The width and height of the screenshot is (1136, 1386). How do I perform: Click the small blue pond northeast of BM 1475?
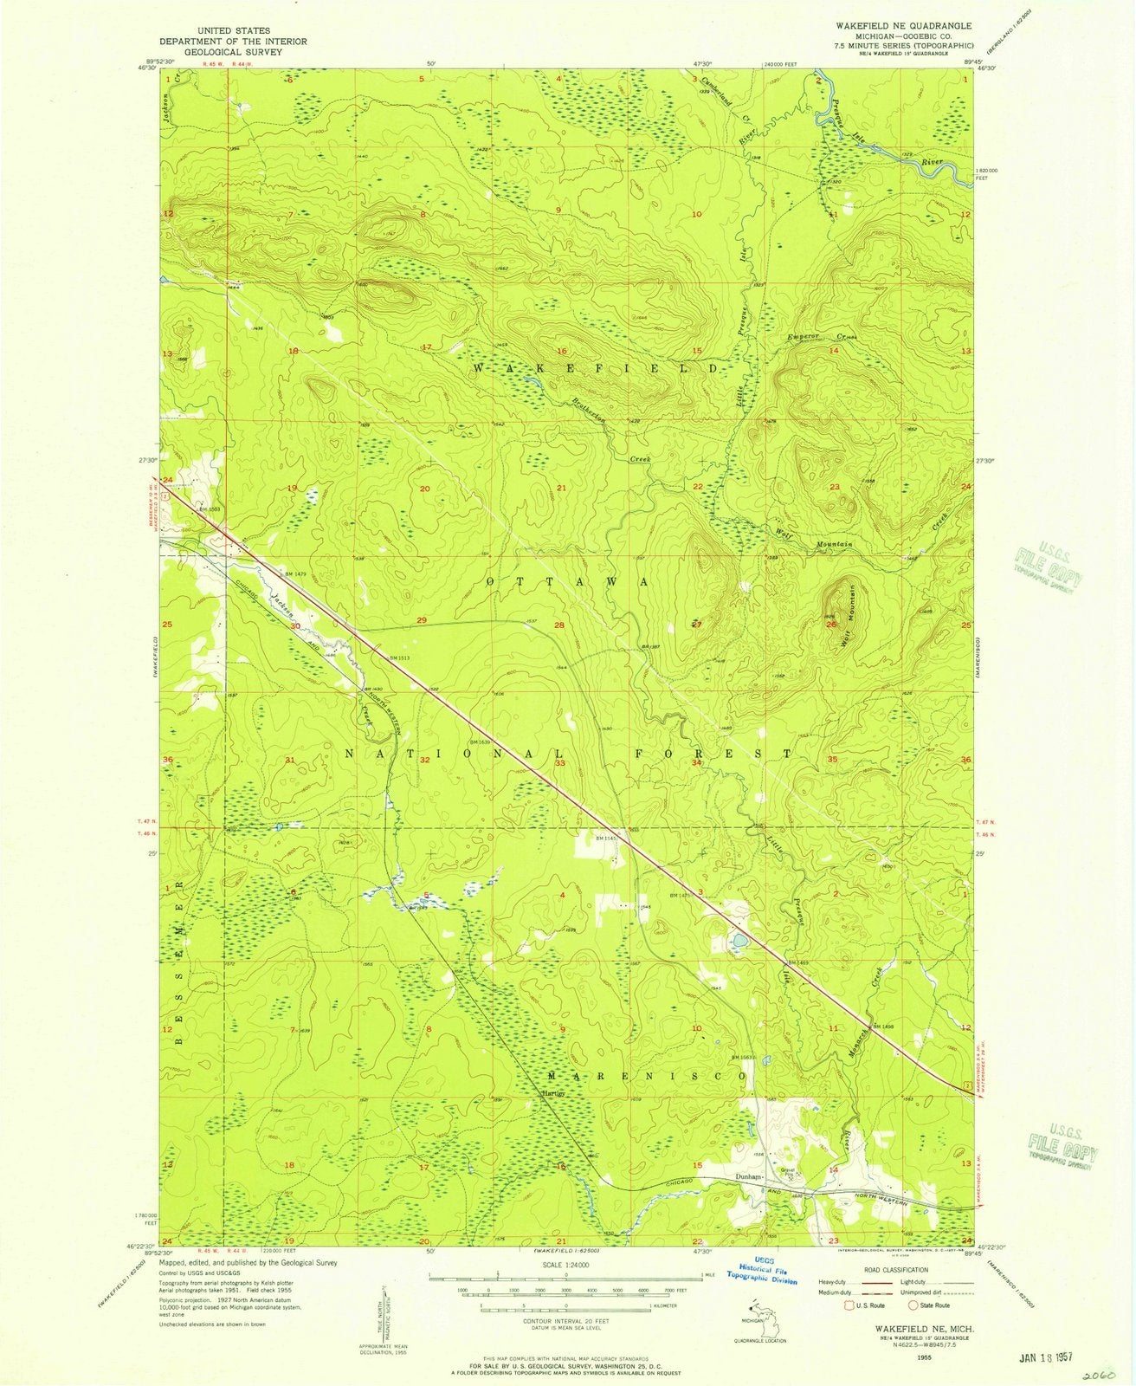point(739,940)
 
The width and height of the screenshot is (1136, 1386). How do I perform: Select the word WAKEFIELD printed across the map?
point(596,369)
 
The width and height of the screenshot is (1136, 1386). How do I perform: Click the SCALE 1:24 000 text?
point(565,1264)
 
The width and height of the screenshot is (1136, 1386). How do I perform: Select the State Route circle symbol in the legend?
point(913,1305)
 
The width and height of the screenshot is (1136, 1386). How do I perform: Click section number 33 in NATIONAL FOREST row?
point(560,763)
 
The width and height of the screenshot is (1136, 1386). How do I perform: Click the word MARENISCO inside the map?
point(647,1076)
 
